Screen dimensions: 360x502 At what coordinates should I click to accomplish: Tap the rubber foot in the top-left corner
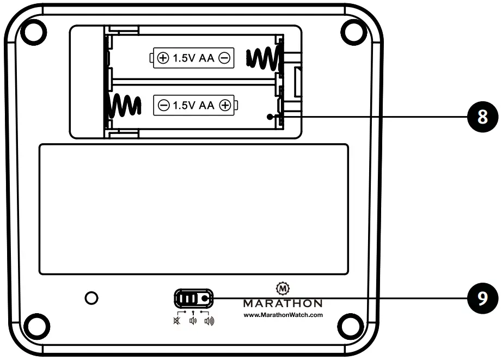pos(34,31)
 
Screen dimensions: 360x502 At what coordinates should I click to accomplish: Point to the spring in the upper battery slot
pos(264,58)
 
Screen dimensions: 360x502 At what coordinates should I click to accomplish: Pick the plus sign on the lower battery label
pos(224,106)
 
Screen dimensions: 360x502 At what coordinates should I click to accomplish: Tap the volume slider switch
pos(193,298)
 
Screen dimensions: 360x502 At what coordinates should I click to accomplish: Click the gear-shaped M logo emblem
pos(283,288)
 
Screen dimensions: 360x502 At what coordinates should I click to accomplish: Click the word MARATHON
pos(283,303)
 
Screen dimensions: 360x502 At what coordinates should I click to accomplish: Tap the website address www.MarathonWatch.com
pos(283,315)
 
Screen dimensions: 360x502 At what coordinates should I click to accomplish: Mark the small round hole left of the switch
pos(92,297)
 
